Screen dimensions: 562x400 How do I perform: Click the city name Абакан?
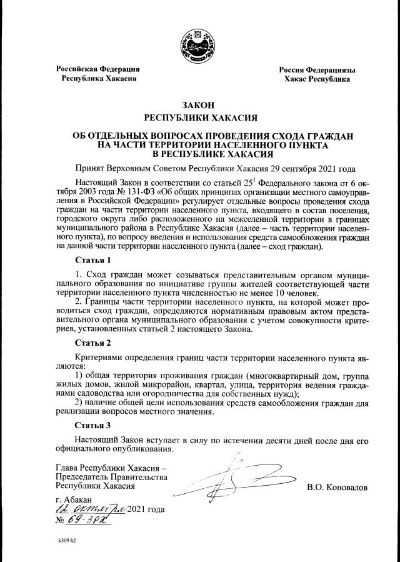tap(78, 498)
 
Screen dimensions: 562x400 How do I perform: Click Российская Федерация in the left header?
tap(97, 69)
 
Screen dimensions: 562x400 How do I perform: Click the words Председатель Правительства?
tap(112, 476)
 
